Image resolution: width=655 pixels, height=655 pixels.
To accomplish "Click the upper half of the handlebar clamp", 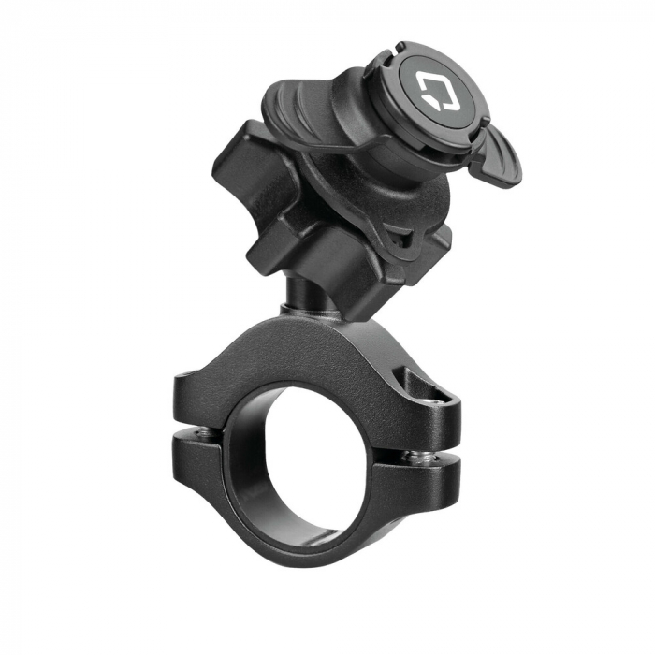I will point(309,356).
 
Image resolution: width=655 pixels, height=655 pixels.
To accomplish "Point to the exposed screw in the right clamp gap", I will point(414,457).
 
